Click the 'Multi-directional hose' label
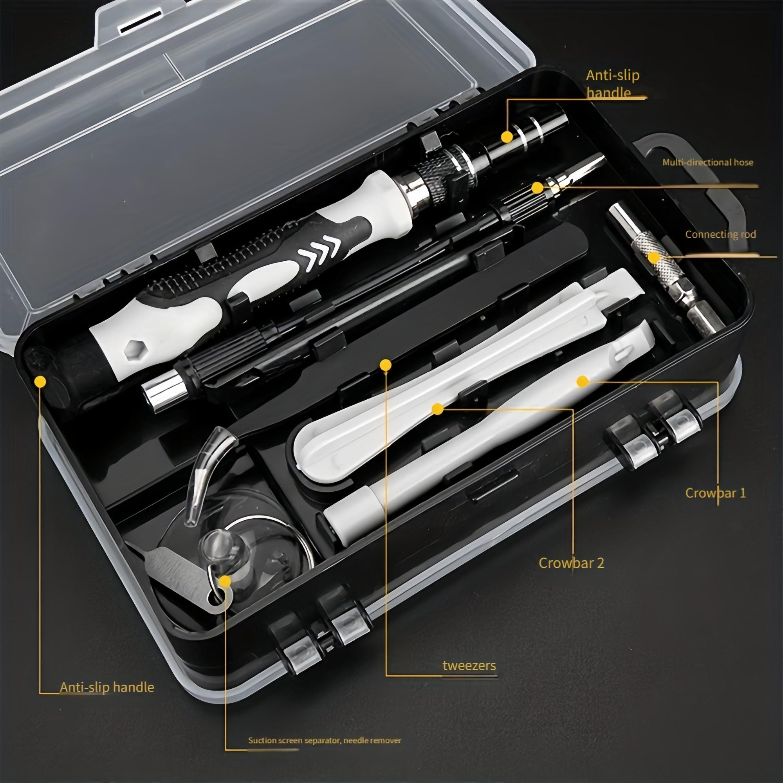pyautogui.click(x=707, y=162)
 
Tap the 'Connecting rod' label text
pyautogui.click(x=721, y=234)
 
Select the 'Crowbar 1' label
pyautogui.click(x=715, y=493)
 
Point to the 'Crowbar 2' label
pyautogui.click(x=572, y=563)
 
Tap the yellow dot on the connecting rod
pyautogui.click(x=653, y=257)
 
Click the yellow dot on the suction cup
pyautogui.click(x=224, y=582)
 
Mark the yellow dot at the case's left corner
pyautogui.click(x=40, y=381)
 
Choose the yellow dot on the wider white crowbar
pyautogui.click(x=437, y=410)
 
